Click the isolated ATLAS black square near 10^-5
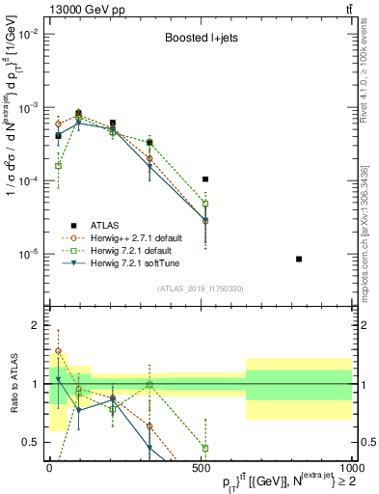[299, 259]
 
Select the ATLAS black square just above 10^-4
[205, 179]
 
